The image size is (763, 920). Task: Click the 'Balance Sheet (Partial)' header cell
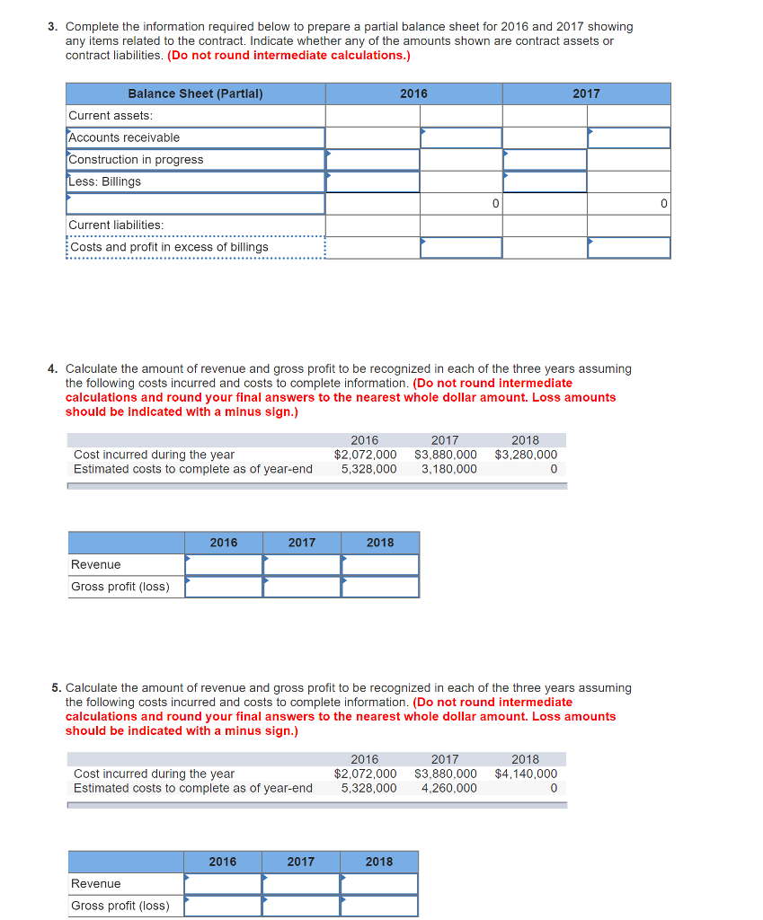click(x=195, y=93)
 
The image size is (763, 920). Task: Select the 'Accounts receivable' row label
click(x=124, y=137)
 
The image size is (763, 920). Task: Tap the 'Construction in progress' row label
click(x=136, y=160)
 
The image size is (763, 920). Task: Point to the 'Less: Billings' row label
click(x=105, y=181)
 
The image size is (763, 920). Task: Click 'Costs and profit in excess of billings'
click(x=169, y=247)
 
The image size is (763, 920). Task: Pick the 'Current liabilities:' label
click(x=116, y=225)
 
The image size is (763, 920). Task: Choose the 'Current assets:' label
click(x=111, y=115)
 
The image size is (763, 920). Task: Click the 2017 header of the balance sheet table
click(x=586, y=93)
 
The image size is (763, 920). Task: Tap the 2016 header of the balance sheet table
click(x=413, y=93)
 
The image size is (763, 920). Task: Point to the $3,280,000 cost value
click(x=526, y=455)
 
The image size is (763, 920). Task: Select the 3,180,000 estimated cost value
click(x=448, y=469)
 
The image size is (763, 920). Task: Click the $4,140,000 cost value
click(x=526, y=774)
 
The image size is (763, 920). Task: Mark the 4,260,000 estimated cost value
click(x=448, y=788)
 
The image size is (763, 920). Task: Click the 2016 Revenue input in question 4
click(x=224, y=564)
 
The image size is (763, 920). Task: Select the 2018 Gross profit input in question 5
click(x=379, y=906)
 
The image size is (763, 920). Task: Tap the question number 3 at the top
click(x=52, y=27)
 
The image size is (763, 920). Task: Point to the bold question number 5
click(x=56, y=688)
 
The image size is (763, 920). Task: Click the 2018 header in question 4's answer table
click(x=379, y=543)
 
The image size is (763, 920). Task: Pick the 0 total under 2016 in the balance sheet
click(x=495, y=204)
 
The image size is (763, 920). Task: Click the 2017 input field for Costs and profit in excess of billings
click(x=629, y=247)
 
